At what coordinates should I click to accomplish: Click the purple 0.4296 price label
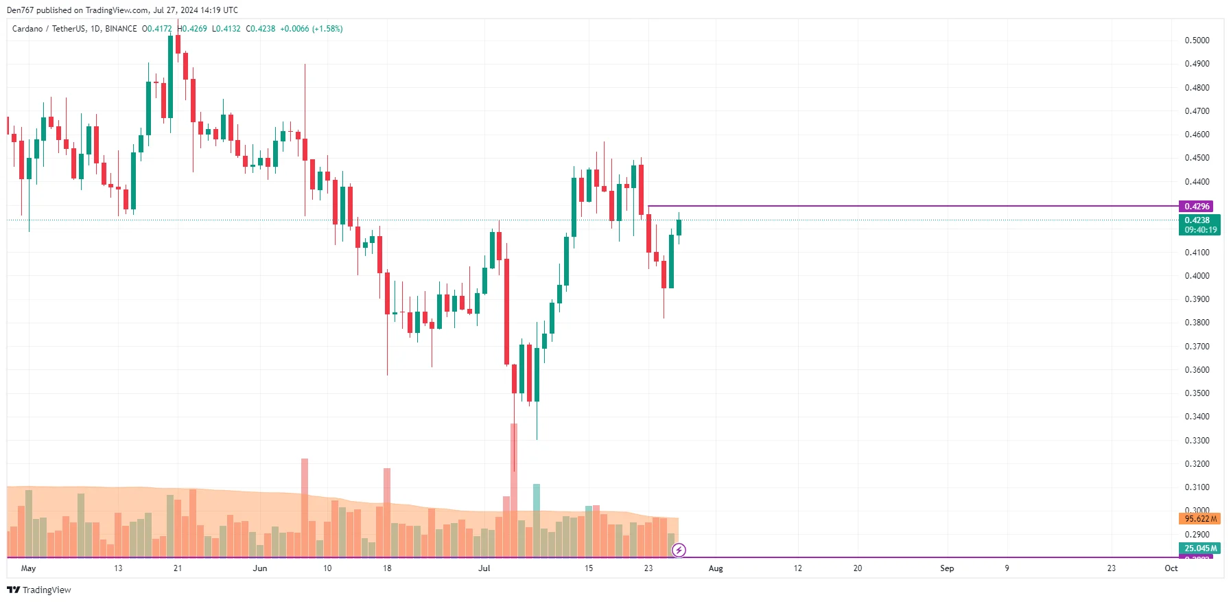tap(1196, 207)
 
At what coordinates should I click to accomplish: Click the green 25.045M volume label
tap(1199, 548)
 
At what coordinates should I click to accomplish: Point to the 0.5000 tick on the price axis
tap(1197, 40)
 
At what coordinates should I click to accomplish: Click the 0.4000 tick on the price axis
tap(1197, 276)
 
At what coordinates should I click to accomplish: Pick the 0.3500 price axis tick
tap(1197, 393)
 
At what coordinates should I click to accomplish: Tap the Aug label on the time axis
tap(716, 568)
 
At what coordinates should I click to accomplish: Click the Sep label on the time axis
tap(947, 568)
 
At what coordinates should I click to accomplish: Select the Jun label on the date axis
tap(260, 568)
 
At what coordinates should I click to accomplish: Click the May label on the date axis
tap(28, 568)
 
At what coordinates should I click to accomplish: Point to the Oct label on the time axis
tap(1171, 568)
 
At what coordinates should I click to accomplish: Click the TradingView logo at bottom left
tap(39, 590)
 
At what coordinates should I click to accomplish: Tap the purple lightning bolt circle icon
tap(679, 550)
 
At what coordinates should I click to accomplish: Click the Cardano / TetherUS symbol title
tap(49, 29)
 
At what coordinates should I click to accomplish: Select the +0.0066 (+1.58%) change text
tap(312, 29)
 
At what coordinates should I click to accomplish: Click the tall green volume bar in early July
tap(537, 520)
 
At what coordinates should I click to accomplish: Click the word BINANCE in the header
tap(121, 29)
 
